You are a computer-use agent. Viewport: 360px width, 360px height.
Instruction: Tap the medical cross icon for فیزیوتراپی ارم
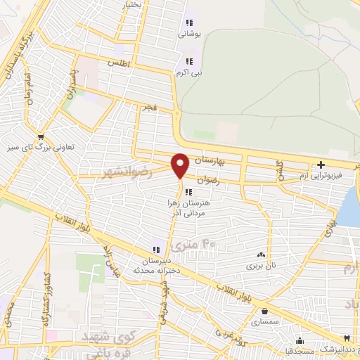pyautogui.click(x=320, y=165)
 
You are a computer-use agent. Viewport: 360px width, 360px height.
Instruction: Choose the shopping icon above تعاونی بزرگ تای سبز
pyautogui.click(x=41, y=136)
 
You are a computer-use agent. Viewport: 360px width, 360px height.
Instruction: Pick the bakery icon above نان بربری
pyautogui.click(x=262, y=255)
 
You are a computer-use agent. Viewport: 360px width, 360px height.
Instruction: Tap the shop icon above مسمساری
pyautogui.click(x=264, y=311)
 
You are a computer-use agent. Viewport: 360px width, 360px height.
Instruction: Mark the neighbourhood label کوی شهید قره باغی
pyautogui.click(x=109, y=341)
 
